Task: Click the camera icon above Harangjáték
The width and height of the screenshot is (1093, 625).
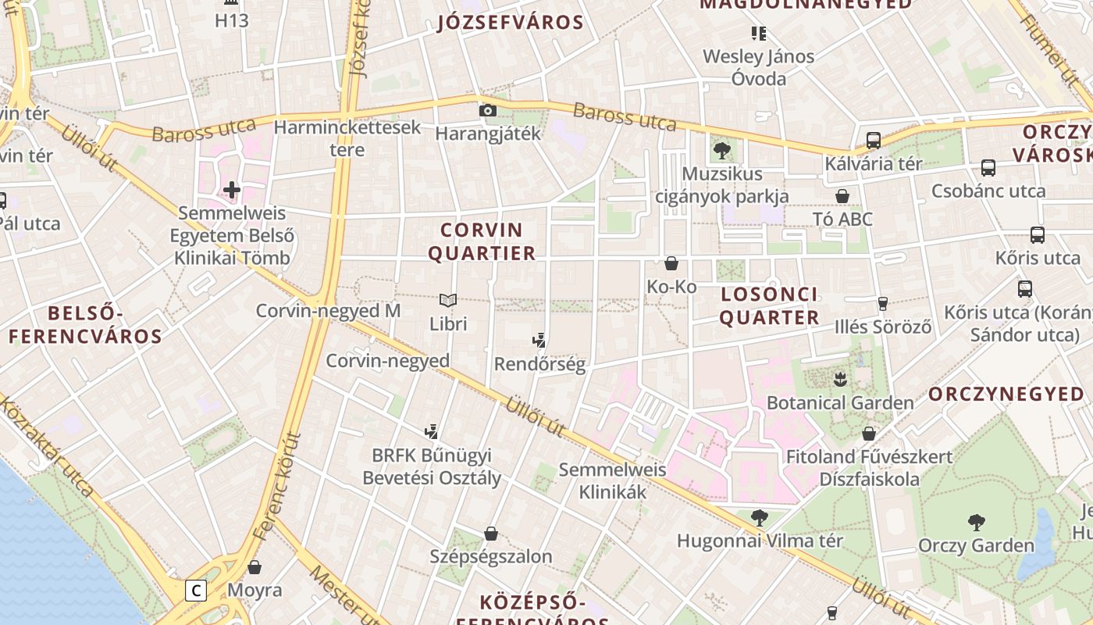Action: (488, 111)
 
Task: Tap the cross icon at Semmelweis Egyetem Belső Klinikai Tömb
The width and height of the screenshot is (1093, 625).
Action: (232, 189)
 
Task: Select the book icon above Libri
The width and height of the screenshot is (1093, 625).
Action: (448, 300)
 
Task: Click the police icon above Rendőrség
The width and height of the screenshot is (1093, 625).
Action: (538, 341)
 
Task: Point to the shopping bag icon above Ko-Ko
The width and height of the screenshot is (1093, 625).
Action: (671, 263)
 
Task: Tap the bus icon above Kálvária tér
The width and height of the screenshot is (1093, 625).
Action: (874, 141)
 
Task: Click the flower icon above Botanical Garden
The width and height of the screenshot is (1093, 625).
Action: (840, 380)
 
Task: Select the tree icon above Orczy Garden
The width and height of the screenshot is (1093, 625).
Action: (976, 522)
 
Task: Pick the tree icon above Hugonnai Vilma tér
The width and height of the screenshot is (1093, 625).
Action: (759, 517)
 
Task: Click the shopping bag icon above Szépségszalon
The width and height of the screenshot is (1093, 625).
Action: (491, 534)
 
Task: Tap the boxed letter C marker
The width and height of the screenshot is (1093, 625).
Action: (195, 590)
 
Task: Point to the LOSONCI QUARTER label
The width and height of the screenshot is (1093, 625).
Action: (769, 305)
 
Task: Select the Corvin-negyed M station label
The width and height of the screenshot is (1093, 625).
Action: (328, 311)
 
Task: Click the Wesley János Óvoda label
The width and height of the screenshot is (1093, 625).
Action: (758, 67)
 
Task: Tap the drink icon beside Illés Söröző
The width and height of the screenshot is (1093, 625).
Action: (883, 304)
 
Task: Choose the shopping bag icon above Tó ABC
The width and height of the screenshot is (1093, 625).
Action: (842, 196)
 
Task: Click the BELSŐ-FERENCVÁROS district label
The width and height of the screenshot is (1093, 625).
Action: (86, 325)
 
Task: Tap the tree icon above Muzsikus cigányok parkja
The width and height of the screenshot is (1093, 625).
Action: (721, 150)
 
